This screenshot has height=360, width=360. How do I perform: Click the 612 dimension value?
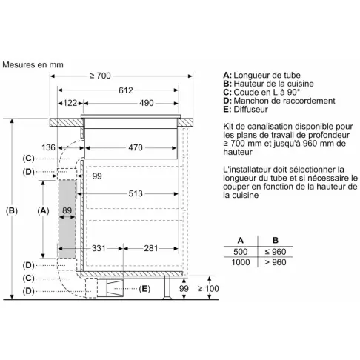(126, 90)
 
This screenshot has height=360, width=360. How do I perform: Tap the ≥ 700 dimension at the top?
(100, 76)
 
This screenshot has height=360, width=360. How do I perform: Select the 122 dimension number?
(70, 103)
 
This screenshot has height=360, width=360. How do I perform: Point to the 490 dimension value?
(147, 103)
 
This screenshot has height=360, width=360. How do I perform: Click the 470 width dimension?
(136, 147)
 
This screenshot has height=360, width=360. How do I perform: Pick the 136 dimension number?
(48, 147)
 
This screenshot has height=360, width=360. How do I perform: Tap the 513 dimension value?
(136, 193)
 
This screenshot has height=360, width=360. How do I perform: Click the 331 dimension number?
(99, 248)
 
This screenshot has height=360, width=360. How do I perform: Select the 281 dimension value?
(151, 248)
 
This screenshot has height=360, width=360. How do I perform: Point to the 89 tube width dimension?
(67, 210)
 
